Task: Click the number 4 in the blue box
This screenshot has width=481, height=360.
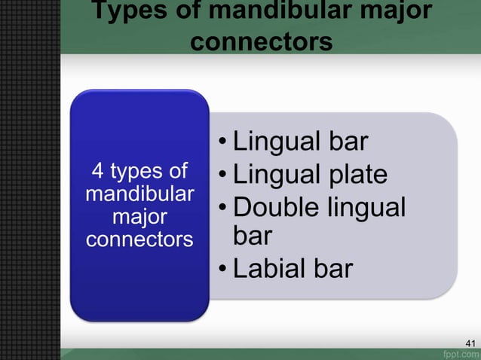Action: tap(97, 171)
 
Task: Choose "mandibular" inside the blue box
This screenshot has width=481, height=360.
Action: tap(139, 194)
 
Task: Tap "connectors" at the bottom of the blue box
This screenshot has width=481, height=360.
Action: tap(139, 240)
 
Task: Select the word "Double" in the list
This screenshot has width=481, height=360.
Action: tap(277, 207)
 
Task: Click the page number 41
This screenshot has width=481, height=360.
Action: tap(471, 344)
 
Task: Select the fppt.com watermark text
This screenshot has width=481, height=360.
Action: tap(461, 354)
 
